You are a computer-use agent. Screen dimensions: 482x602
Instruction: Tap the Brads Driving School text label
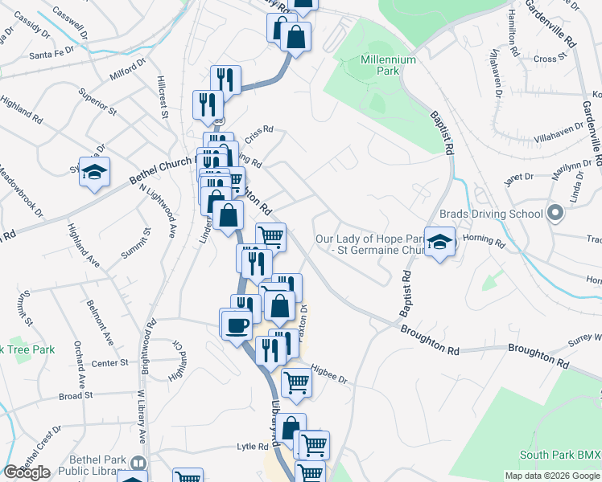pyautogui.click(x=492, y=214)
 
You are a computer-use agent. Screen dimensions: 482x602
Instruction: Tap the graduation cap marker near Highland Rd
pyautogui.click(x=95, y=172)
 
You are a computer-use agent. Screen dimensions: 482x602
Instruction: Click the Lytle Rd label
pyautogui.click(x=252, y=447)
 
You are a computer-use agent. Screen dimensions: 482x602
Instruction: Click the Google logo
pyautogui.click(x=27, y=472)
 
